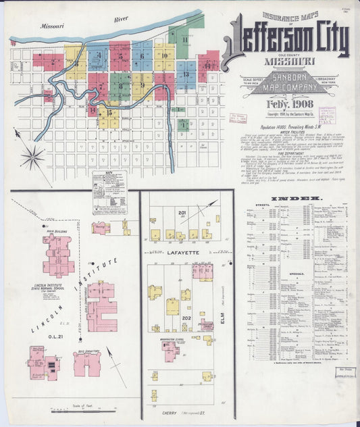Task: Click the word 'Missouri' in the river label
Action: [x=52, y=26]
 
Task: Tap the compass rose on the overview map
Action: [x=31, y=159]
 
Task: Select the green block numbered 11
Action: [x=184, y=40]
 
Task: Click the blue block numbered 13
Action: [x=186, y=72]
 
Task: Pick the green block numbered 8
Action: [x=120, y=86]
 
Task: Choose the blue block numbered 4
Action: [x=98, y=57]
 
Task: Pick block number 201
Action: [x=182, y=214]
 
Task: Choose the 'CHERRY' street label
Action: [x=170, y=412]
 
